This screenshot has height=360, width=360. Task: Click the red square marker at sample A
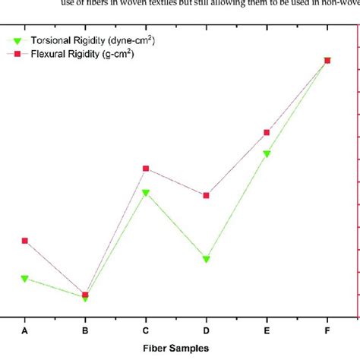(25, 241)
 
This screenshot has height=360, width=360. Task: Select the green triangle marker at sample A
(25, 279)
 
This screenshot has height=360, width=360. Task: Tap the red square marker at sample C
(146, 169)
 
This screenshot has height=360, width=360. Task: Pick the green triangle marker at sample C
(146, 193)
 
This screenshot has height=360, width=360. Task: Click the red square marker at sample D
(207, 195)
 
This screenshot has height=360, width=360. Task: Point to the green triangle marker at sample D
(207, 260)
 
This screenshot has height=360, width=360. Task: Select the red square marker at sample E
(267, 132)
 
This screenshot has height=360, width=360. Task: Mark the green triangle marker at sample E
(267, 154)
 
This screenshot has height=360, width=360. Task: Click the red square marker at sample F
(327, 60)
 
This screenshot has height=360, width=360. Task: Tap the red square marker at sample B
(85, 295)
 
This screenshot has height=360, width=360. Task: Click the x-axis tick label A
(25, 330)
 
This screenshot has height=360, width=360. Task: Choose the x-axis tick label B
(85, 330)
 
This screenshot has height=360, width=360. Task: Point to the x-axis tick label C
(146, 330)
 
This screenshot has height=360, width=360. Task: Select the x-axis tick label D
(207, 330)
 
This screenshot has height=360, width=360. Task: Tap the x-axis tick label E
(267, 330)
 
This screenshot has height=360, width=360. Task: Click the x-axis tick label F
(327, 330)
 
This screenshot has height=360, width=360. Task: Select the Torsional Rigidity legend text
(94, 39)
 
